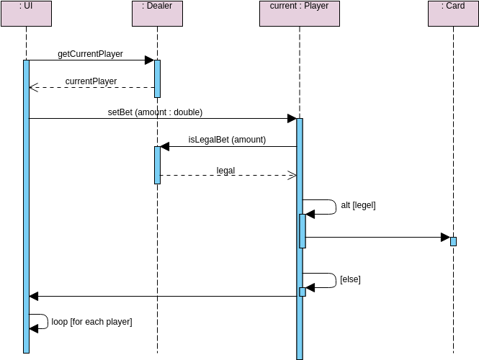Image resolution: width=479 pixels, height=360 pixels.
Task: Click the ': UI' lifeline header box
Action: pyautogui.click(x=26, y=13)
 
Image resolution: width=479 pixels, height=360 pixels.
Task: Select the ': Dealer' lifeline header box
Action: pyautogui.click(x=157, y=13)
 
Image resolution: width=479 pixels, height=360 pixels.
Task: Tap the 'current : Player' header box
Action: pyautogui.click(x=299, y=13)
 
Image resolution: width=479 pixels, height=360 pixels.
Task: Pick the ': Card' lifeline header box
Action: pyautogui.click(x=453, y=13)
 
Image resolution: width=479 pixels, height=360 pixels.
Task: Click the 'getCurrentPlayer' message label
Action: pyautogui.click(x=90, y=54)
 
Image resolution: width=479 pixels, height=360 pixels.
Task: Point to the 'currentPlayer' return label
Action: pyautogui.click(x=91, y=81)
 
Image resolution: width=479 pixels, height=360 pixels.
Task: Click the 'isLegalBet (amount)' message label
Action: pyautogui.click(x=227, y=140)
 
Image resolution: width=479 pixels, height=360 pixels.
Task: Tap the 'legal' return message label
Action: pyautogui.click(x=225, y=171)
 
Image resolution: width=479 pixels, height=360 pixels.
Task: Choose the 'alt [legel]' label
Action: pyautogui.click(x=358, y=205)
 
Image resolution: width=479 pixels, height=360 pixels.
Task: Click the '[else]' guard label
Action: pyautogui.click(x=350, y=279)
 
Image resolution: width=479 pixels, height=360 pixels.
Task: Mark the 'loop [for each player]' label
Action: pyautogui.click(x=91, y=322)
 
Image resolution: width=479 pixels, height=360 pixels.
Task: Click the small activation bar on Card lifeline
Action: pyautogui.click(x=453, y=241)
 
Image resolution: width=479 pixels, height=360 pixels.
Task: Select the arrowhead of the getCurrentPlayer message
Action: pyautogui.click(x=149, y=60)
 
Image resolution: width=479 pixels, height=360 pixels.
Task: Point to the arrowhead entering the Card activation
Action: pyautogui.click(x=445, y=237)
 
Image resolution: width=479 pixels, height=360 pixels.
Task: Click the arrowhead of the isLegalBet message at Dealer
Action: pyautogui.click(x=165, y=147)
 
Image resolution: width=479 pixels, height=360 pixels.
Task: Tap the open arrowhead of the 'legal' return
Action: pyautogui.click(x=292, y=175)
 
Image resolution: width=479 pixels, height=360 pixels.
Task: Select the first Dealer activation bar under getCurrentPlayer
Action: pyautogui.click(x=157, y=78)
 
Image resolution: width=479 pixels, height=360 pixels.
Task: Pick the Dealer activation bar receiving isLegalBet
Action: pyautogui.click(x=157, y=165)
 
